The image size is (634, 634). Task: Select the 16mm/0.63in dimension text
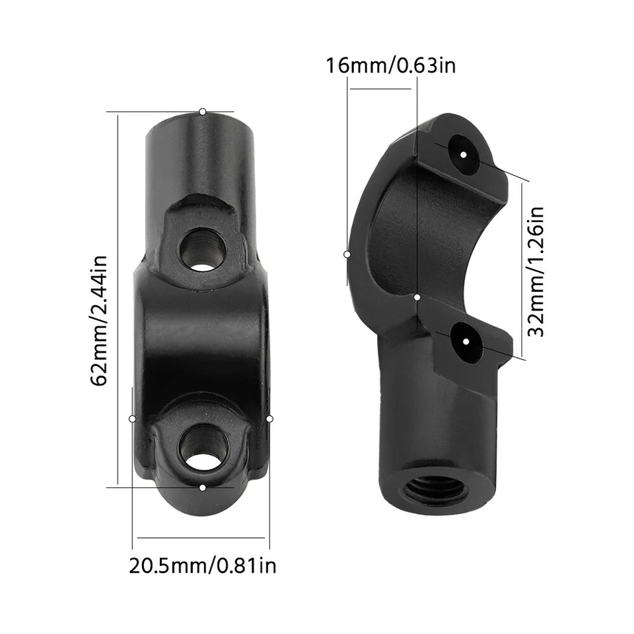(390, 65)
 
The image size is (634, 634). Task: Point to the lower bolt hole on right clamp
(466, 341)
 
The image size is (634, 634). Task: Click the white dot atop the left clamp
(203, 112)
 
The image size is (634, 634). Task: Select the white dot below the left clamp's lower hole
(202, 487)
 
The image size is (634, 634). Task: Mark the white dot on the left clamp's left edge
(133, 419)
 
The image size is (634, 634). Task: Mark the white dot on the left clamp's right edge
(269, 419)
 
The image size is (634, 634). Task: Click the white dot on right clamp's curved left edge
(347, 254)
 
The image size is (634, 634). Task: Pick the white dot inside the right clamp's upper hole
(464, 155)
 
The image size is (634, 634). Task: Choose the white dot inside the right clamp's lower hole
(466, 341)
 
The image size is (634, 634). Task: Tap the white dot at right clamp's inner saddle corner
(417, 298)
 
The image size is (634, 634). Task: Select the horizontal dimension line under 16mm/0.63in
(382, 88)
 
